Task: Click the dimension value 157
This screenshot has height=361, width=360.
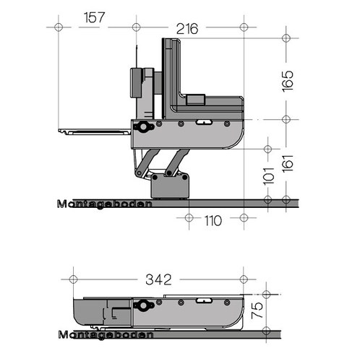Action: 95,17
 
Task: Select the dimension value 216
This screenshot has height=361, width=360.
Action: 187,29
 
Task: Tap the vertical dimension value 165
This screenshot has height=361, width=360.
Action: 288,81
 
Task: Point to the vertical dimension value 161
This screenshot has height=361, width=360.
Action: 288,163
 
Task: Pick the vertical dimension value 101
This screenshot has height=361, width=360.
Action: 269,176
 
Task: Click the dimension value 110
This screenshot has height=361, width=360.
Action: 213,221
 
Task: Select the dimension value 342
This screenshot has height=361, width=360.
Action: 158,279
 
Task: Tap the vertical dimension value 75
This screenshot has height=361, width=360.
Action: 257,310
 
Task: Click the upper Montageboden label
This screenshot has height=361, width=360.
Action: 105,204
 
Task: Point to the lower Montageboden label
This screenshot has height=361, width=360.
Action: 106,335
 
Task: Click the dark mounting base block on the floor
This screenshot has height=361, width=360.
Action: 170,186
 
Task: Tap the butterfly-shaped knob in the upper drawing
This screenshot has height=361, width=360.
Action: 144,127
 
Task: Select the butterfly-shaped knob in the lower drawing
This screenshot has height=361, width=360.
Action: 144,305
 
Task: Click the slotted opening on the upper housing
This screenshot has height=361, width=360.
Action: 204,122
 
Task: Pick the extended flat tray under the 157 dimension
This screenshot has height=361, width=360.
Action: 95,131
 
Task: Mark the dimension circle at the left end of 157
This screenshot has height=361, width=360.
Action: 59,27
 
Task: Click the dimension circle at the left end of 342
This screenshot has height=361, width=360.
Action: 73,279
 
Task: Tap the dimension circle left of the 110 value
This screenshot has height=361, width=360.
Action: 189,218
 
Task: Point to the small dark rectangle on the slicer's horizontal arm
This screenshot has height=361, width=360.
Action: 196,100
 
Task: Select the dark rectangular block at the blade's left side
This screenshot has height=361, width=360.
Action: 136,83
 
